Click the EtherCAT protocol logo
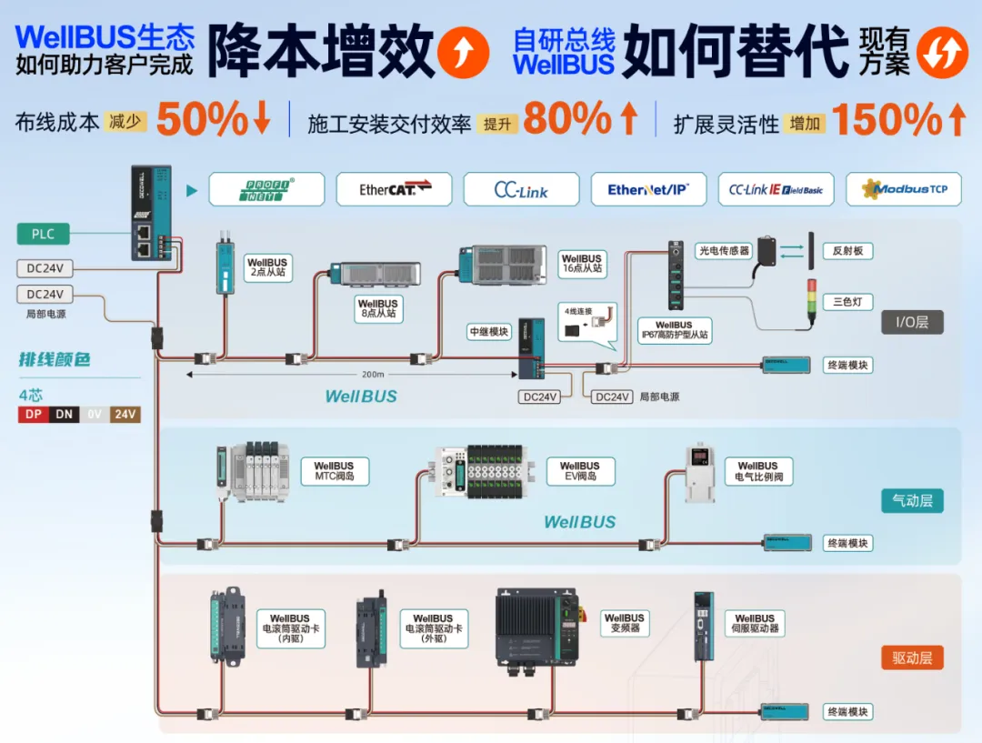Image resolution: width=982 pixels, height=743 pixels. pyautogui.click(x=394, y=189)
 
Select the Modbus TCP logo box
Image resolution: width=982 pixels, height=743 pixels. pyautogui.click(x=904, y=189)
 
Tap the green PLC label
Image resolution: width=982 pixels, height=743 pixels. pyautogui.click(x=44, y=234)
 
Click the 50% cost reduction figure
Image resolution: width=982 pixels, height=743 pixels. pyautogui.click(x=202, y=119)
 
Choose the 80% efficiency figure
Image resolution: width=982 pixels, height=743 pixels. pyautogui.click(x=567, y=119)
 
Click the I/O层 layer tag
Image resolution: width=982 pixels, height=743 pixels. pyautogui.click(x=912, y=322)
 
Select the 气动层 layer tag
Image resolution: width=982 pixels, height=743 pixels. pyautogui.click(x=912, y=500)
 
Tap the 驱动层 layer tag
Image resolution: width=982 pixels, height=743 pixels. pyautogui.click(x=912, y=658)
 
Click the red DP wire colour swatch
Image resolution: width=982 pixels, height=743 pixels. pyautogui.click(x=34, y=415)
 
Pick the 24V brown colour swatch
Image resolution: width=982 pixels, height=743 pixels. pyautogui.click(x=125, y=415)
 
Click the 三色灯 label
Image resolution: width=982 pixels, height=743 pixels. pyautogui.click(x=847, y=301)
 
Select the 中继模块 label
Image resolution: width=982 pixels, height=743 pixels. pyautogui.click(x=489, y=332)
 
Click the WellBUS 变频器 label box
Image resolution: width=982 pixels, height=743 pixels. pyautogui.click(x=625, y=623)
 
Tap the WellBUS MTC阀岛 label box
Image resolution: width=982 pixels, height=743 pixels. pyautogui.click(x=335, y=470)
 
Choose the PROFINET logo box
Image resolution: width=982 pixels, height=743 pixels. pyautogui.click(x=266, y=189)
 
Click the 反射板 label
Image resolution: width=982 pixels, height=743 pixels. pyautogui.click(x=847, y=250)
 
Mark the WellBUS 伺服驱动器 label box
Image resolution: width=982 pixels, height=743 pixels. pyautogui.click(x=755, y=623)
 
